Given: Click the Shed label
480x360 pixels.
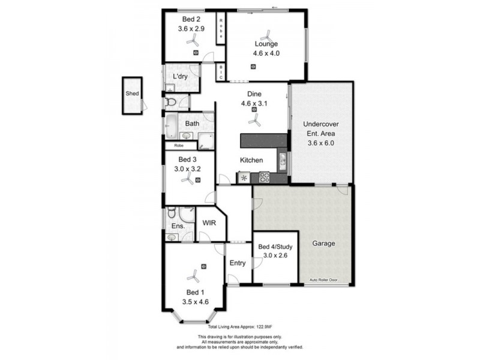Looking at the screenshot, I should [x=131, y=94].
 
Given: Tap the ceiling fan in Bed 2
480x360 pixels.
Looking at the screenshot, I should [x=193, y=40].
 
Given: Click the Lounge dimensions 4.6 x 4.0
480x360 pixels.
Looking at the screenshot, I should [x=266, y=53].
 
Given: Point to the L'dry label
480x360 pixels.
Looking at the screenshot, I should [x=181, y=77].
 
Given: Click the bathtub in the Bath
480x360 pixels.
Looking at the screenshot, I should [x=171, y=127].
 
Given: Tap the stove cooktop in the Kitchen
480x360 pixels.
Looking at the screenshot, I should [x=264, y=177].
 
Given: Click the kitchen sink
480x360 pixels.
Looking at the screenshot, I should [x=282, y=159].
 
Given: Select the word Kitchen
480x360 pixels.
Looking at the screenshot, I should [x=251, y=160].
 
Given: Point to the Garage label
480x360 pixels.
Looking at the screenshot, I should [x=323, y=244].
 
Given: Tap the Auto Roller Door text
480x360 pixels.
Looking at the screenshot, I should [x=325, y=280].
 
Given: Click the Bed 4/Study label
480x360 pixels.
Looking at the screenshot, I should [x=275, y=247].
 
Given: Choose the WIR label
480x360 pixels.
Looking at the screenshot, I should [x=209, y=223].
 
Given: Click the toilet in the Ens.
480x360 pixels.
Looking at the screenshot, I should [x=171, y=212].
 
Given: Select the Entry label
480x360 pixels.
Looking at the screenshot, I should [x=238, y=263].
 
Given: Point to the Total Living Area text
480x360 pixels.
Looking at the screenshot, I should [x=237, y=327].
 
